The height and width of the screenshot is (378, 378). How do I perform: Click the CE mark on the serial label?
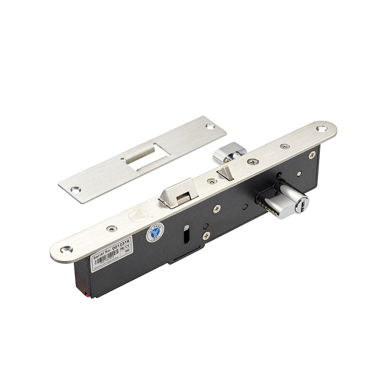tap(128, 245)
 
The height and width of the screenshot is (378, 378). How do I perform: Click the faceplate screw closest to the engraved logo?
tap(112, 228)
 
